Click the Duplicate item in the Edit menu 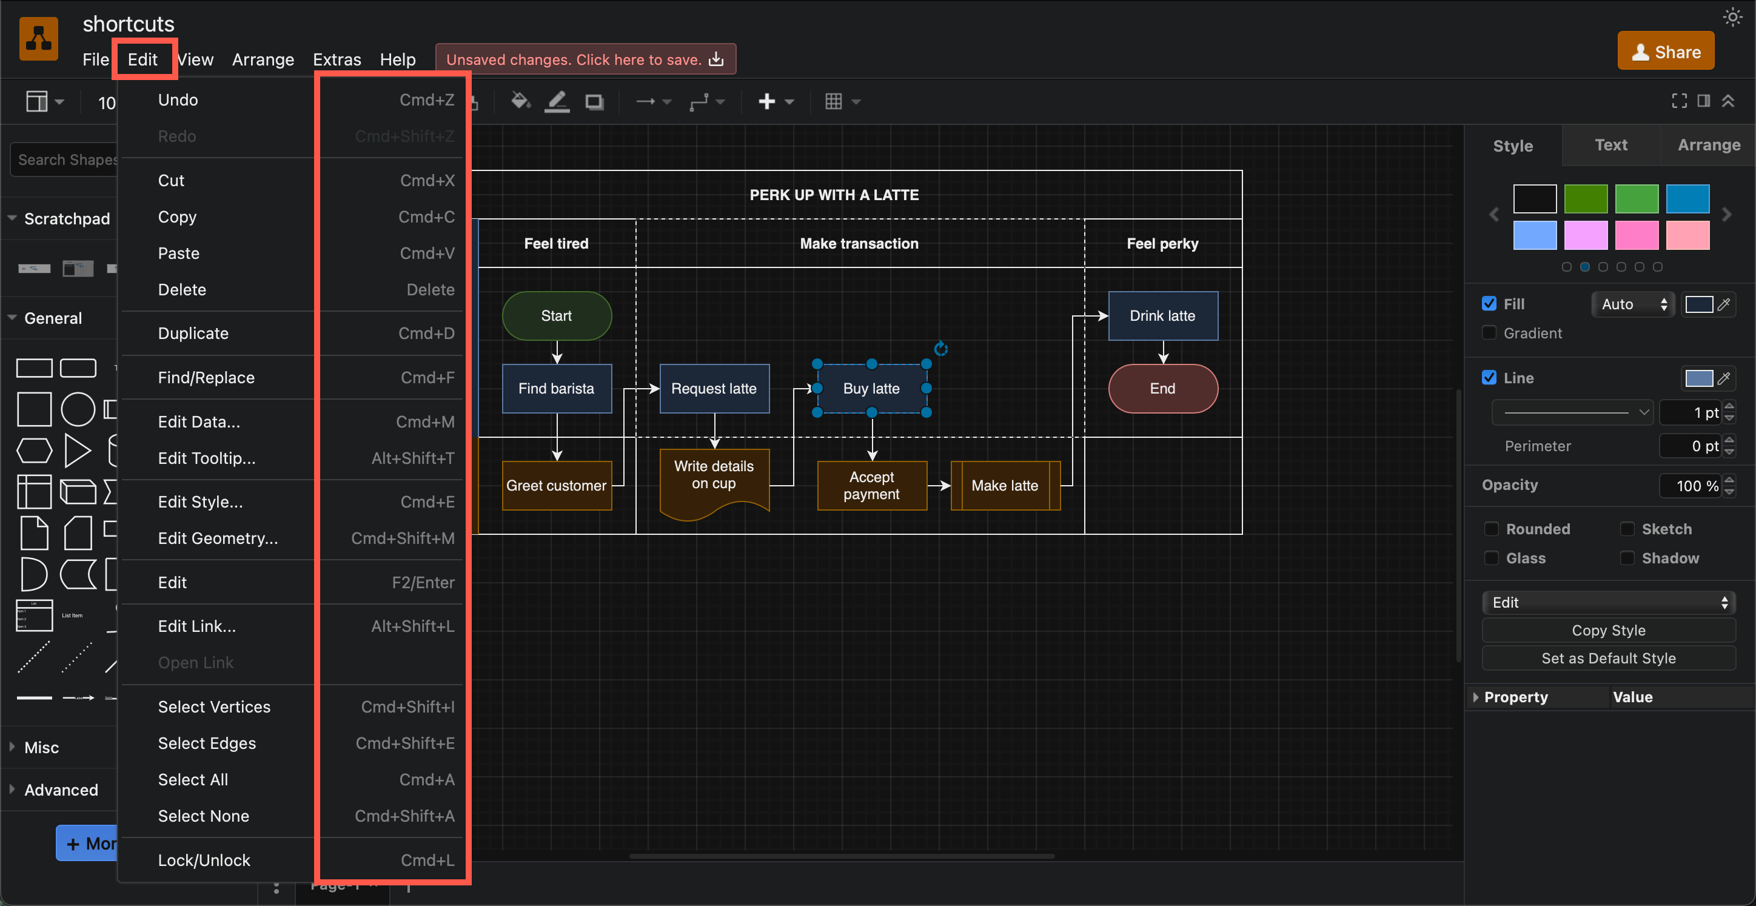tap(193, 334)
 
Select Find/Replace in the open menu tap(206, 378)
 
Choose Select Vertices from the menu tap(214, 707)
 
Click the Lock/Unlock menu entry tap(204, 861)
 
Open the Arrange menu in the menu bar tap(263, 59)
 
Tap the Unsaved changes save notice tap(585, 59)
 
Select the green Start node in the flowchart tap(556, 315)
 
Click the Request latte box tap(714, 389)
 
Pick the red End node tap(1162, 389)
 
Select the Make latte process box tap(1005, 485)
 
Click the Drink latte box tap(1162, 315)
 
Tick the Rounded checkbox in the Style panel tap(1492, 529)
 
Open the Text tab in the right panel tap(1611, 145)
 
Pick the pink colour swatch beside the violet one tap(1636, 235)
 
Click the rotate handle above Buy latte tap(940, 349)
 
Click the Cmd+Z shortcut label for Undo tap(427, 100)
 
